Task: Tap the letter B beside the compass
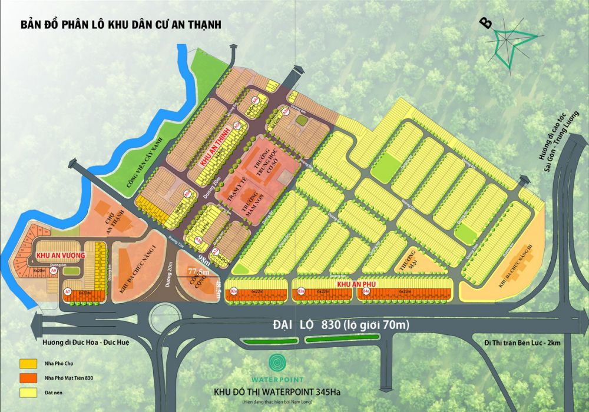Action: click(x=486, y=23)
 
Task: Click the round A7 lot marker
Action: click(x=68, y=291)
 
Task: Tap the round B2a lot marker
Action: click(x=234, y=291)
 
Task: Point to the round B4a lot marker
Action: click(x=366, y=291)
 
